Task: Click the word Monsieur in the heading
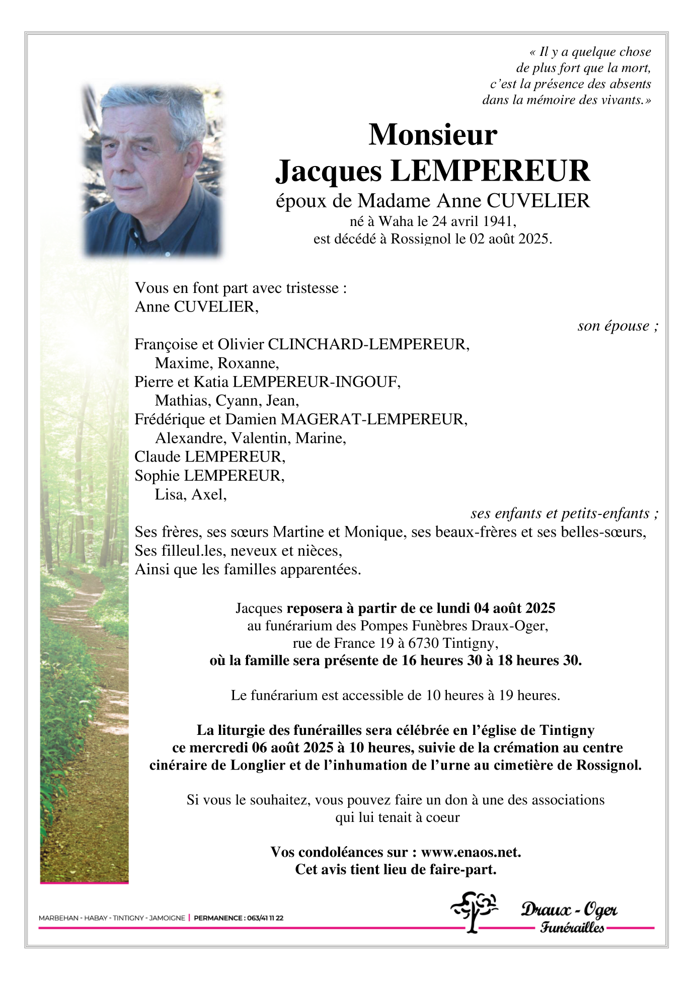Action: tap(432, 135)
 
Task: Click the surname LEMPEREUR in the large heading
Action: tap(490, 171)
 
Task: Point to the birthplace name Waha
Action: tap(396, 221)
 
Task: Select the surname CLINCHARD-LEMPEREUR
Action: tap(368, 344)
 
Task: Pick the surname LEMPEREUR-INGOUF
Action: tap(316, 382)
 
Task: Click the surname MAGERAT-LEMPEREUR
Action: tap(373, 419)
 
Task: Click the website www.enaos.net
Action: tap(471, 852)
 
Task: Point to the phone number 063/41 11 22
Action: tap(265, 918)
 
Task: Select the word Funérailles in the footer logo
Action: tap(572, 928)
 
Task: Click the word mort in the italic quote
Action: tap(636, 68)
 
